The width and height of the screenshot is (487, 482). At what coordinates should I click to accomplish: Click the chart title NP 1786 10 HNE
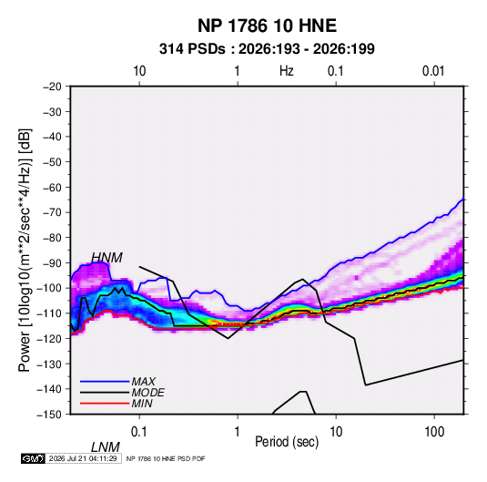point(267,26)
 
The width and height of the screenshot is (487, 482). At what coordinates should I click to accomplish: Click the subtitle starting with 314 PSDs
point(267,49)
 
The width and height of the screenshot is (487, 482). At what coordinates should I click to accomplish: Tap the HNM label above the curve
point(107,258)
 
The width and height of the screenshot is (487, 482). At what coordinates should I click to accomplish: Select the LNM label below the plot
point(106,447)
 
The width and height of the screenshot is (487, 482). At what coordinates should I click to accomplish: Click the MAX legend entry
point(144,381)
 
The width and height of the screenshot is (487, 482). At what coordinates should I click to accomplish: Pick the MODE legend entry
point(147,393)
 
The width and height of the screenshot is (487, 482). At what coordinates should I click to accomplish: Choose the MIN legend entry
point(142,404)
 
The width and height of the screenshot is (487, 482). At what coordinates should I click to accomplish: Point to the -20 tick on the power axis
point(53,87)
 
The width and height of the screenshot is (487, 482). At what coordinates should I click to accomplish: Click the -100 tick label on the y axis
point(49,288)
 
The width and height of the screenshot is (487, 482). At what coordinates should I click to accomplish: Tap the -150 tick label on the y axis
point(49,415)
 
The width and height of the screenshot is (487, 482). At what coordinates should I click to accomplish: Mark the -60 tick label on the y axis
point(53,187)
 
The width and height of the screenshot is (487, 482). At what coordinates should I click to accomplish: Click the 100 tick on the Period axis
point(434,432)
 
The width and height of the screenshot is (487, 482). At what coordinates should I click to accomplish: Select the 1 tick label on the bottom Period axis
point(238,432)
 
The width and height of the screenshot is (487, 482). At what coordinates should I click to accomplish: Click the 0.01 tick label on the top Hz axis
point(433,71)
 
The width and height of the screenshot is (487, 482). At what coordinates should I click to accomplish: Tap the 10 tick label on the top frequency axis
point(139,71)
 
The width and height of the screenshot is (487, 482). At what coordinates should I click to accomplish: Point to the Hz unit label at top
point(287,71)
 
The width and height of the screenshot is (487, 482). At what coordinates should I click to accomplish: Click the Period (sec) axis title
point(287,442)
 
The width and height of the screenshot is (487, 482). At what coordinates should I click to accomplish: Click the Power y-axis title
point(25,251)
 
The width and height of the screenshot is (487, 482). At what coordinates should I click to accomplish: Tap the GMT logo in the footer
point(33,458)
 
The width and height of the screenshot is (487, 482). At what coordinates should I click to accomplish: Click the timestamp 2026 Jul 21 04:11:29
point(83,458)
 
